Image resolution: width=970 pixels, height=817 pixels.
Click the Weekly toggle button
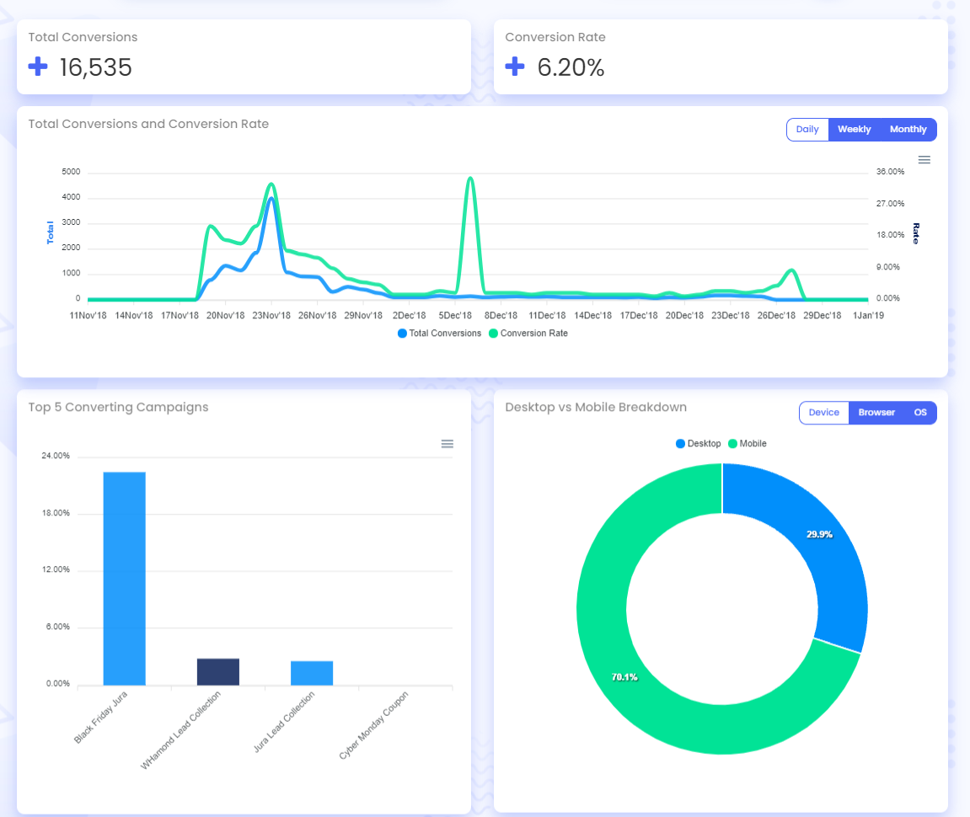tap(854, 130)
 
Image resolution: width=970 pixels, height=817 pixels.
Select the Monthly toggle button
tap(908, 130)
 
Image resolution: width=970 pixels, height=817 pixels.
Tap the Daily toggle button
tap(807, 130)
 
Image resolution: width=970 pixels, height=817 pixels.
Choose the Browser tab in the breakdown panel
tap(876, 413)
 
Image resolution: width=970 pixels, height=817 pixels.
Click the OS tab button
tap(920, 413)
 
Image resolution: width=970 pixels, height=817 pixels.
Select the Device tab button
tap(823, 413)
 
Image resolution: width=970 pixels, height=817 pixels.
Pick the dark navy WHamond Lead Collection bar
tap(217, 671)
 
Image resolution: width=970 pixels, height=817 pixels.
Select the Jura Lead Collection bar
tap(312, 673)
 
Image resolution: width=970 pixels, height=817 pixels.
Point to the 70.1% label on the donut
tap(624, 676)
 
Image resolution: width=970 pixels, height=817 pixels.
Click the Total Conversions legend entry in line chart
tap(439, 334)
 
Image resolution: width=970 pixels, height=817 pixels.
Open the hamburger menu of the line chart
tap(924, 160)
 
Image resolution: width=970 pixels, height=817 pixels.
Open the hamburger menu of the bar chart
tap(447, 444)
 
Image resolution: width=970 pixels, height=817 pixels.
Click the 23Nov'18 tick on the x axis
tap(271, 316)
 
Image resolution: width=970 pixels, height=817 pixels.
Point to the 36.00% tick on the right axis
tap(890, 172)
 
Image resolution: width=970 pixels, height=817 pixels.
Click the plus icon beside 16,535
tap(38, 67)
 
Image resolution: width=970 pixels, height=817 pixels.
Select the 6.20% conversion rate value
tap(571, 68)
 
